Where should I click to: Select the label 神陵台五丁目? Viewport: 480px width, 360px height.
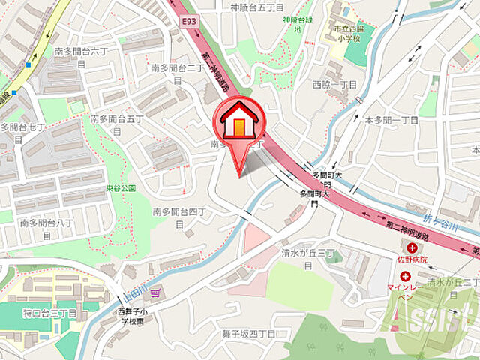point(258,7)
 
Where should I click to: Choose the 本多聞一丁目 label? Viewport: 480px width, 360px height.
point(391,120)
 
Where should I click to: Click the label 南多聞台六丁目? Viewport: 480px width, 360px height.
point(81,58)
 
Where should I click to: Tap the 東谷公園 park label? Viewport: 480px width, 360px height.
point(121,188)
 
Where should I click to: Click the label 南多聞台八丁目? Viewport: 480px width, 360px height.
point(46,228)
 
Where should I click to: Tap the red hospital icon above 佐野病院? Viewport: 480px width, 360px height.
point(412,247)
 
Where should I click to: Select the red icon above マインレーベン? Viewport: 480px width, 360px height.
point(406,276)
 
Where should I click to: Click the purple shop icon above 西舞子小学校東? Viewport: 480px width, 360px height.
point(155,293)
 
